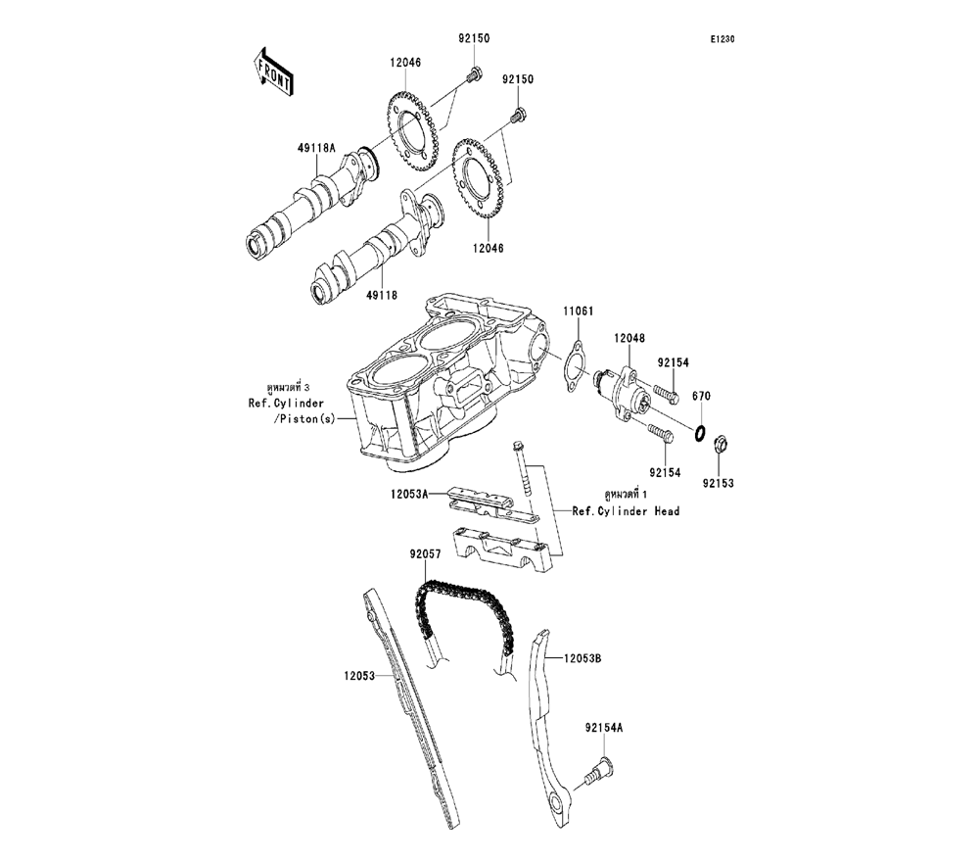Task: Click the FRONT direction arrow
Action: coord(274,72)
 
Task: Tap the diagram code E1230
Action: coord(723,40)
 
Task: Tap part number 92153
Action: coord(717,483)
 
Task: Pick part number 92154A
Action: coord(604,728)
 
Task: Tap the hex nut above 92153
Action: coord(717,444)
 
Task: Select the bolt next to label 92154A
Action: coord(593,775)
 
